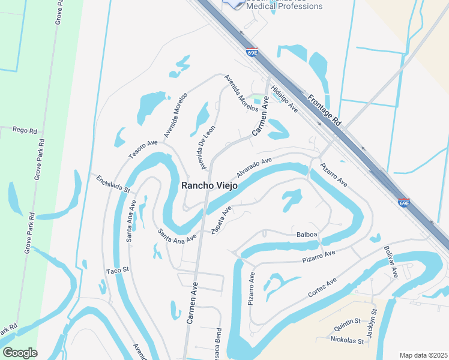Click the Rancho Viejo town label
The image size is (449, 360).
click(209, 185)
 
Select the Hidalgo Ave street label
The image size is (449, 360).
click(285, 98)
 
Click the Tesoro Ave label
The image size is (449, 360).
click(143, 150)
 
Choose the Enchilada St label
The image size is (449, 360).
click(110, 183)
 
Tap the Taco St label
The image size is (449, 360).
click(118, 271)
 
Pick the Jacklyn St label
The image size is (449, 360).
click(372, 323)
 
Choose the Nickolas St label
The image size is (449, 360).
click(347, 340)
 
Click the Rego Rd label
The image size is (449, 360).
click(25, 130)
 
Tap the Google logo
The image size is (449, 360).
click(19, 353)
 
